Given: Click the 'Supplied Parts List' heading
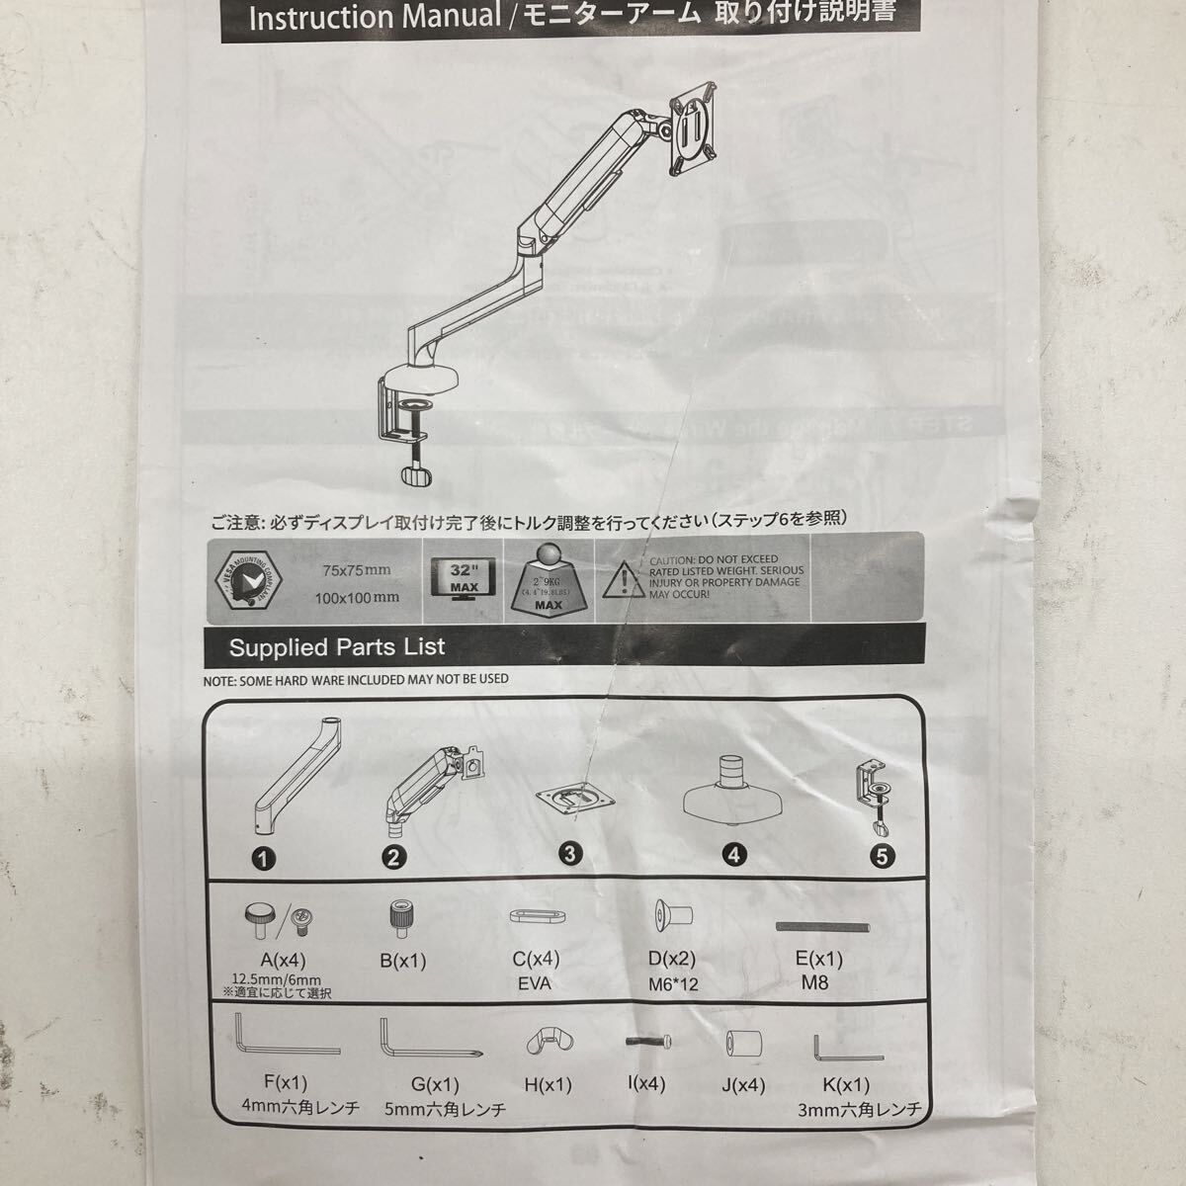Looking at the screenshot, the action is (x=337, y=647).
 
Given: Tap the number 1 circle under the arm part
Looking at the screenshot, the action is (x=263, y=859).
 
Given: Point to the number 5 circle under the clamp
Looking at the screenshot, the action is (x=884, y=856).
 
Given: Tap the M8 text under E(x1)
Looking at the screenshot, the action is (x=816, y=982).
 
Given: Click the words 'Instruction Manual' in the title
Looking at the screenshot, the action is (x=375, y=17).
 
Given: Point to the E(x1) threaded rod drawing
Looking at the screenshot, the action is (x=822, y=927).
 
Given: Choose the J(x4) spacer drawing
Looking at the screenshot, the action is (x=742, y=1045).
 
